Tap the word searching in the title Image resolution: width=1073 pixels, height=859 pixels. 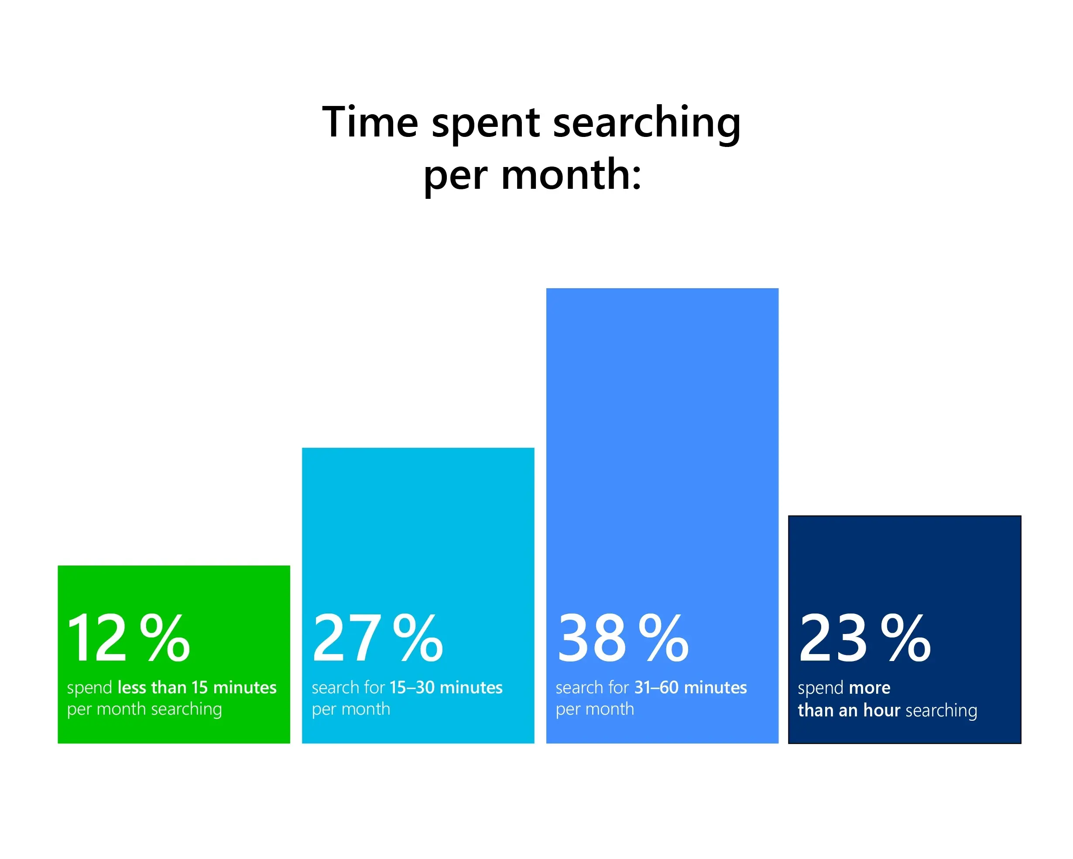(647, 124)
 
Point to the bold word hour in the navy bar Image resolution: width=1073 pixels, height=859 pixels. (882, 710)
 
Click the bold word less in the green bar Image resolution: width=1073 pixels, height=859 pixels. (132, 687)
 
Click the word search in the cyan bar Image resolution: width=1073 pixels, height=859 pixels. (336, 687)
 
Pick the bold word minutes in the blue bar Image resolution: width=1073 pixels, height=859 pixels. (716, 687)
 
